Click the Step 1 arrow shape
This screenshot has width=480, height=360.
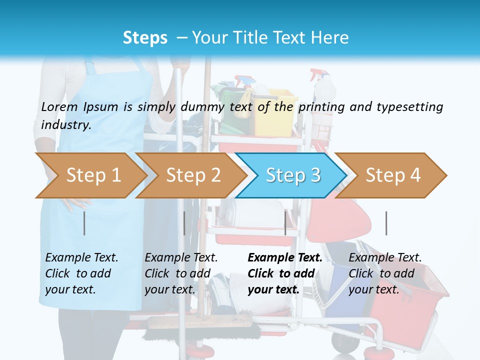coord(90,175)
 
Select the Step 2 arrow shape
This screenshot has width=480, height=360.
coord(190,175)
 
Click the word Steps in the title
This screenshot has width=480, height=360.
coord(145,37)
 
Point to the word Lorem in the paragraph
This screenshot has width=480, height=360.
coord(59,106)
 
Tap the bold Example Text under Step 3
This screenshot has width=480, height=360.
coord(285,258)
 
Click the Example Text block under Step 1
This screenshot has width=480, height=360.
coord(81,273)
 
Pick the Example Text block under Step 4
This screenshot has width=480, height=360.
coord(385,273)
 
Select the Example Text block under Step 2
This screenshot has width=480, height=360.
coord(181,273)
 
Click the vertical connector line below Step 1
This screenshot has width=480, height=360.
coord(84,223)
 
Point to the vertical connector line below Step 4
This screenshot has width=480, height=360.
coord(386,223)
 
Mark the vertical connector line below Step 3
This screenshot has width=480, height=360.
coord(285,223)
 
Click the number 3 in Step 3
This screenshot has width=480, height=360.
coord(315,175)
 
